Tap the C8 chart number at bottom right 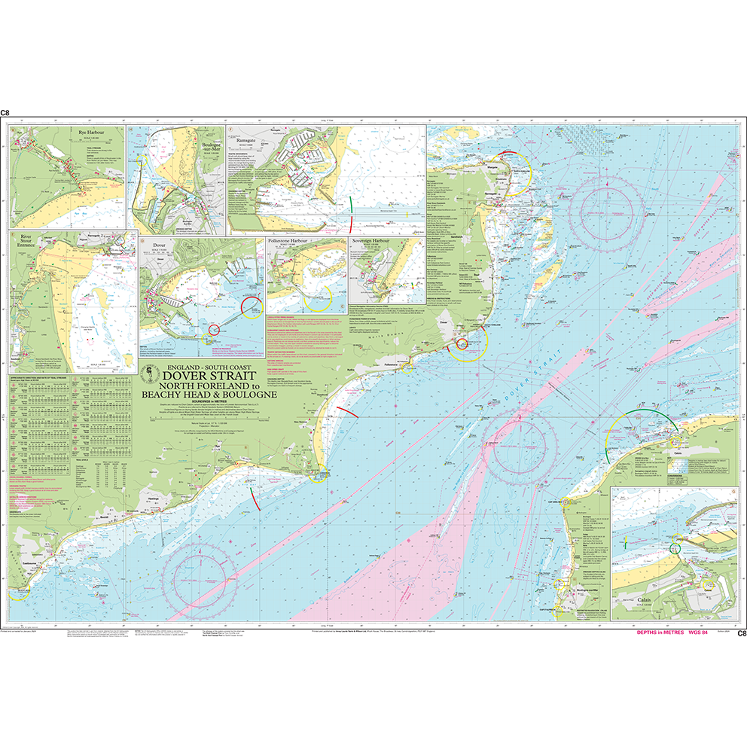point(742,633)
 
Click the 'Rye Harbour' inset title point(91,133)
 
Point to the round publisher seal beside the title point(151,373)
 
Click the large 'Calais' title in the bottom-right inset point(649,601)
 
